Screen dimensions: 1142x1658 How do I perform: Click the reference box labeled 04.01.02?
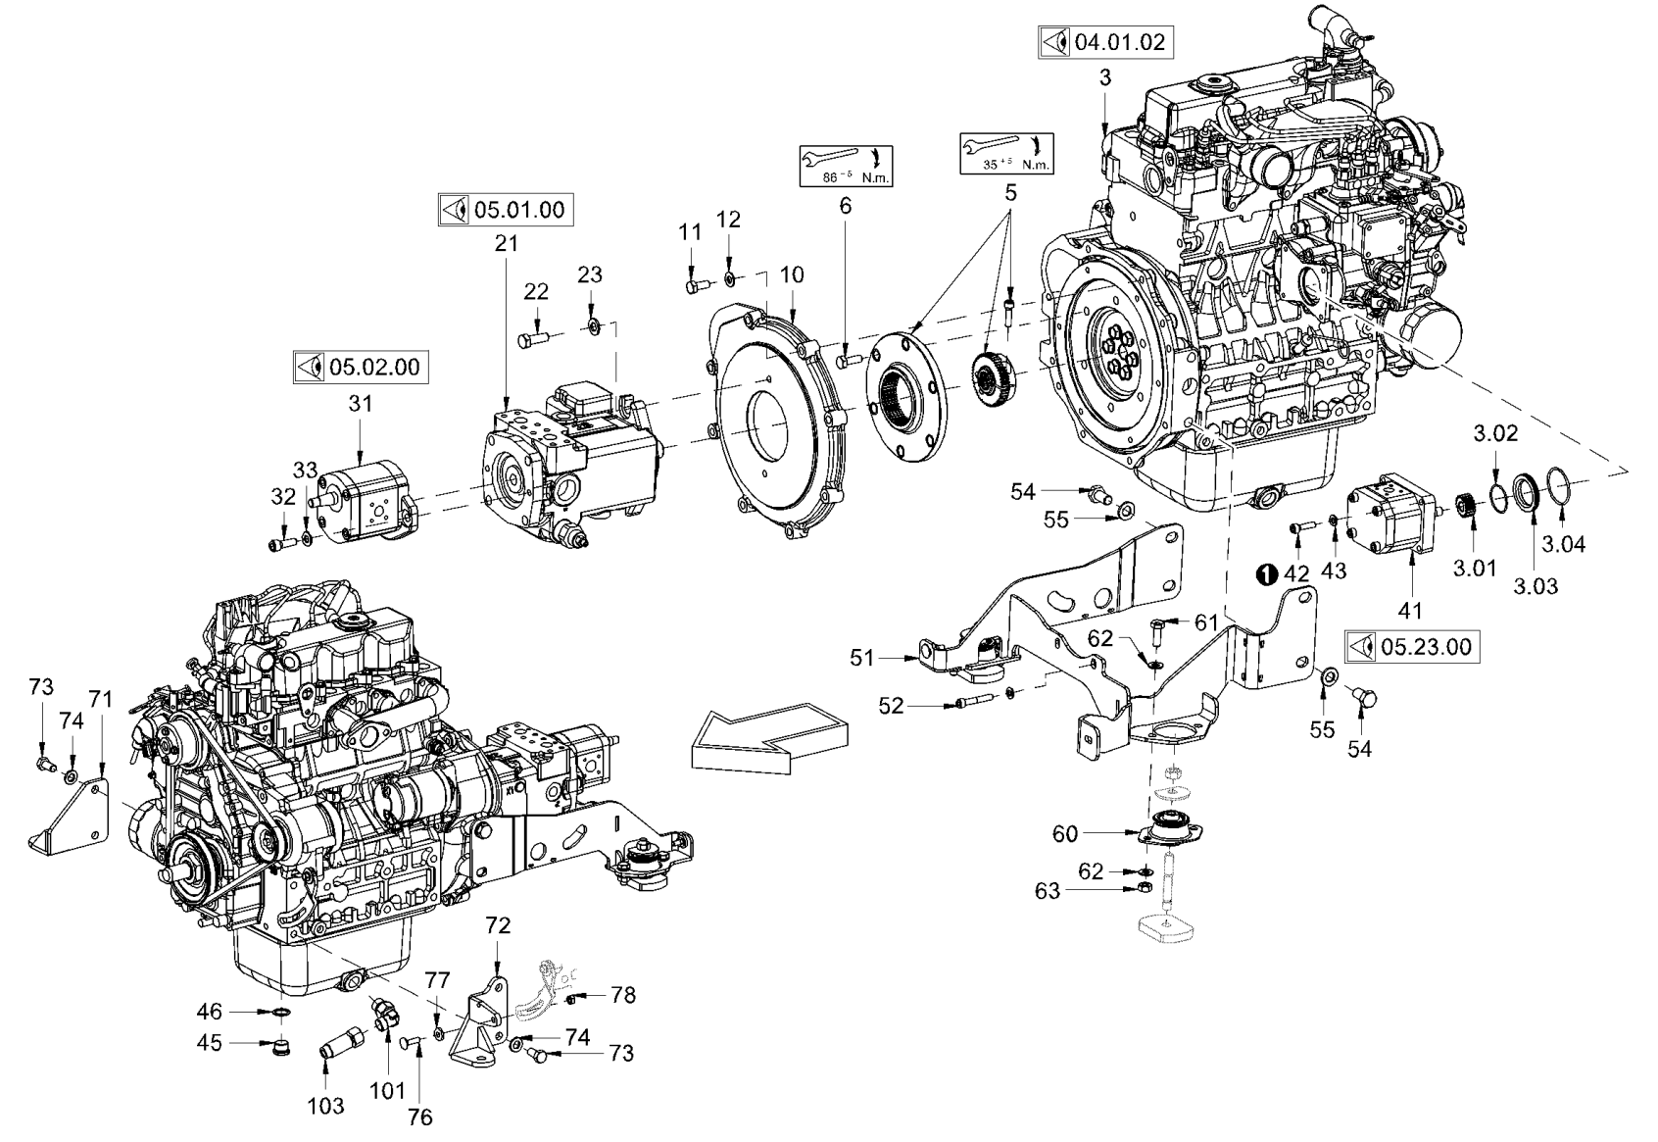pyautogui.click(x=1105, y=42)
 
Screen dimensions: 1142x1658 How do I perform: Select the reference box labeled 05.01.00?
pyautogui.click(x=505, y=209)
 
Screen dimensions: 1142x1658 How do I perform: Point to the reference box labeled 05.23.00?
pyautogui.click(x=1411, y=647)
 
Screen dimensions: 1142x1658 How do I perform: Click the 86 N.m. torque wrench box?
pyautogui.click(x=846, y=166)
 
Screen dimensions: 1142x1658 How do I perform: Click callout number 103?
pyautogui.click(x=326, y=1106)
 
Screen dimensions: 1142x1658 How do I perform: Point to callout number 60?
pyautogui.click(x=1064, y=834)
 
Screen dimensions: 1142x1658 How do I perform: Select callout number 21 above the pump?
pyautogui.click(x=506, y=243)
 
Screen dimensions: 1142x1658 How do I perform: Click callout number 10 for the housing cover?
pyautogui.click(x=792, y=274)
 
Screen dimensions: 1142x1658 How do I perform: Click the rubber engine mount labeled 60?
pyautogui.click(x=1167, y=828)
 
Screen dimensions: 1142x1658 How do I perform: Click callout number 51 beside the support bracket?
pyautogui.click(x=861, y=658)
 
